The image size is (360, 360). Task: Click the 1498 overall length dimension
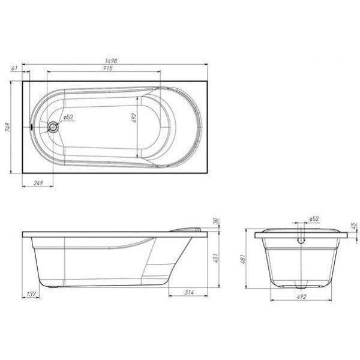pyautogui.click(x=111, y=61)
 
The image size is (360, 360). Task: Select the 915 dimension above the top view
pyautogui.click(x=108, y=68)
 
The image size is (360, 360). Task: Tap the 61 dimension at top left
pyautogui.click(x=14, y=68)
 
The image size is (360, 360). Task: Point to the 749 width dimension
pyautogui.click(x=8, y=127)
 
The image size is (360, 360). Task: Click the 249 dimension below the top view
pyautogui.click(x=38, y=183)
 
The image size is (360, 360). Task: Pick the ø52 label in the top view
pyautogui.click(x=68, y=117)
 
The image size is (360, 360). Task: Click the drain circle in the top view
pyautogui.click(x=53, y=127)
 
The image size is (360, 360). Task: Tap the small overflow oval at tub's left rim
pyautogui.click(x=31, y=126)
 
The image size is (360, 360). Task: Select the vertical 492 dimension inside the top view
pyautogui.click(x=134, y=118)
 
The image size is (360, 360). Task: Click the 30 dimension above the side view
pyautogui.click(x=215, y=221)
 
